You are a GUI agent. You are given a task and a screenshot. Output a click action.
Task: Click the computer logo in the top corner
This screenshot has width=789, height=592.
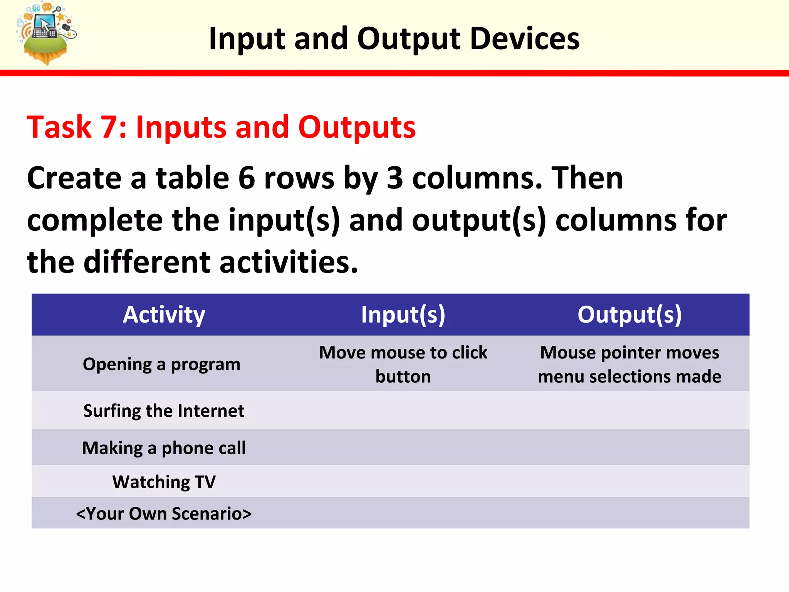point(45,33)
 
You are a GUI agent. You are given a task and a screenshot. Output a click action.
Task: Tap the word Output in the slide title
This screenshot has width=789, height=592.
point(408,39)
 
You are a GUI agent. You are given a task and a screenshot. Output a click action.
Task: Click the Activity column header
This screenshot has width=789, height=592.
point(164,314)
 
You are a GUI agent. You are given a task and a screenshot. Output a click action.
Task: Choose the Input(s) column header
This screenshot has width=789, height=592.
point(403,314)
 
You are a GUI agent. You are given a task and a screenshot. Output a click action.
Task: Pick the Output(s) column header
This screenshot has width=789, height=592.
point(630,314)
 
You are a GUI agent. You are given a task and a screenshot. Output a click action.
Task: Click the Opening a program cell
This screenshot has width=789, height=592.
point(161,364)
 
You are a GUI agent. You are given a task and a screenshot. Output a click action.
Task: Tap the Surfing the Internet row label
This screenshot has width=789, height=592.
point(164,411)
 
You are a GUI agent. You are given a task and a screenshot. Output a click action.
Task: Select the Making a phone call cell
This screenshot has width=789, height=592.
point(164,448)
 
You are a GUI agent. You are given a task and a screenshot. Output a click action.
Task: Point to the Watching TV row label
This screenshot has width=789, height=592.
point(164,482)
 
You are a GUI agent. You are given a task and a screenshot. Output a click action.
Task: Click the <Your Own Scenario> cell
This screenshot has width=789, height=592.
point(164,514)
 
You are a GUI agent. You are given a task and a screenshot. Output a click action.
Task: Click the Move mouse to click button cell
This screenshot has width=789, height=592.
point(403,364)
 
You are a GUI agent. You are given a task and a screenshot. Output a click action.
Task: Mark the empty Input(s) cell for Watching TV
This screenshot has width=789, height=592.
point(403,482)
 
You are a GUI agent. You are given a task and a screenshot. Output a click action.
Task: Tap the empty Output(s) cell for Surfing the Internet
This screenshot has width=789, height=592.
point(630,411)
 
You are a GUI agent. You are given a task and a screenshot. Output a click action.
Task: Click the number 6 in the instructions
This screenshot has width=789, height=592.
point(247,178)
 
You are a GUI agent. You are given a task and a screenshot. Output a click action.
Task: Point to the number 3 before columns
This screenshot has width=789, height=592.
point(394,178)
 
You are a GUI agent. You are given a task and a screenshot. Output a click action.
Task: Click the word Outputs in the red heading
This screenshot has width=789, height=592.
point(357,127)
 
